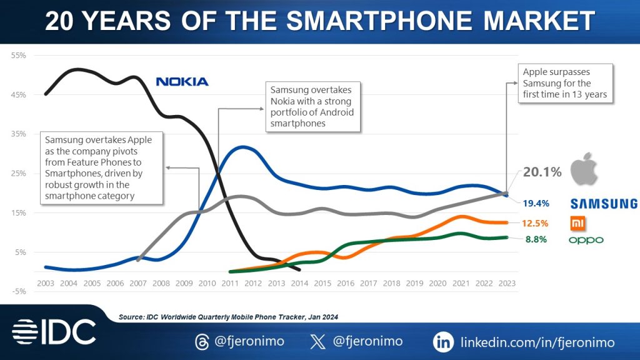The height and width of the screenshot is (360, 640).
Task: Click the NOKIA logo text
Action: pos(182,82)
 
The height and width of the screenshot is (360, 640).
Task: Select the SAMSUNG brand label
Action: pos(603,204)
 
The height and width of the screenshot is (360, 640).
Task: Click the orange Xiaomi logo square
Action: pos(577,223)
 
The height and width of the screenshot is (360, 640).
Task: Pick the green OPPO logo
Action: pos(586,240)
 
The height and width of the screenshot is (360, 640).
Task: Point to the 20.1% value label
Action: pos(542,171)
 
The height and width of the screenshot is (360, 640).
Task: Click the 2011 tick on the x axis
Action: pos(229,283)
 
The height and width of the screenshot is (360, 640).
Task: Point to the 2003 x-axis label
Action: pos(45,283)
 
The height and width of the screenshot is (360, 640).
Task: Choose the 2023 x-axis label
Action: pos(506,283)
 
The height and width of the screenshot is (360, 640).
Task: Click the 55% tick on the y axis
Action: pos(18,56)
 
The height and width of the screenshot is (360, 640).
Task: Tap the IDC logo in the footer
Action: pos(54,332)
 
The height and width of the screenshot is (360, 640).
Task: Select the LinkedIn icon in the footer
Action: pos(443,342)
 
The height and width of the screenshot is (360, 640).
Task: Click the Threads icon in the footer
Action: pos(202,342)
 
